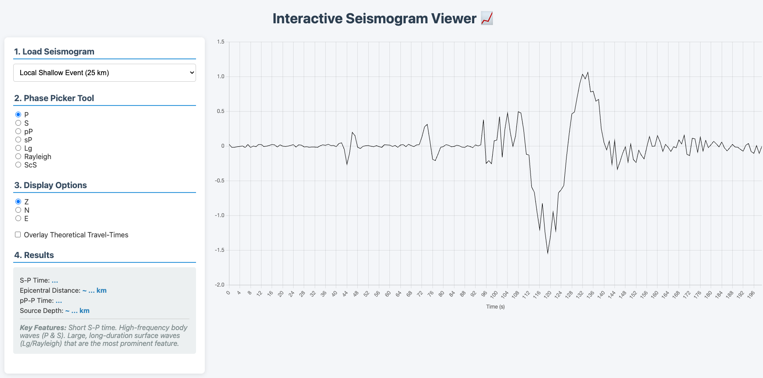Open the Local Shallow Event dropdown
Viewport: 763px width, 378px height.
(x=104, y=73)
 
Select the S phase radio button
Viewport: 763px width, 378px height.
(x=18, y=123)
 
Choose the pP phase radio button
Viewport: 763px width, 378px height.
(x=18, y=131)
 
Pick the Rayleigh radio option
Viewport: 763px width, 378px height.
(x=18, y=156)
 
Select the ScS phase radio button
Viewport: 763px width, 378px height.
(x=18, y=165)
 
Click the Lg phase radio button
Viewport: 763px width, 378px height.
(x=18, y=148)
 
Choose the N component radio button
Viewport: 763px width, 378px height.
(x=18, y=210)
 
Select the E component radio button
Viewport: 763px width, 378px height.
(x=18, y=218)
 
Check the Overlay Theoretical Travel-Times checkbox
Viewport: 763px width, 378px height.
(x=18, y=235)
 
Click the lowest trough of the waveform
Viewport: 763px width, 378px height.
(x=548, y=253)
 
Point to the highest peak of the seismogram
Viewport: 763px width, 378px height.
(x=588, y=73)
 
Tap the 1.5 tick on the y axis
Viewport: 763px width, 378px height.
(x=221, y=42)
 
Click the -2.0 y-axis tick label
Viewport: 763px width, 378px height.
(x=220, y=285)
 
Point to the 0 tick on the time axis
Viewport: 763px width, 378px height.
(x=228, y=293)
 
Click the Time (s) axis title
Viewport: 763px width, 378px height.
(x=495, y=307)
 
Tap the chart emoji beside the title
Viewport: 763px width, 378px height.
(x=487, y=18)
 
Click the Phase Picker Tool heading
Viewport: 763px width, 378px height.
(x=54, y=98)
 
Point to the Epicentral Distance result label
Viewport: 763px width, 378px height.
(x=50, y=291)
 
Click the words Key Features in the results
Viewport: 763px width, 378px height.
(x=43, y=327)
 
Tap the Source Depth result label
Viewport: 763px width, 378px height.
(x=41, y=311)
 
